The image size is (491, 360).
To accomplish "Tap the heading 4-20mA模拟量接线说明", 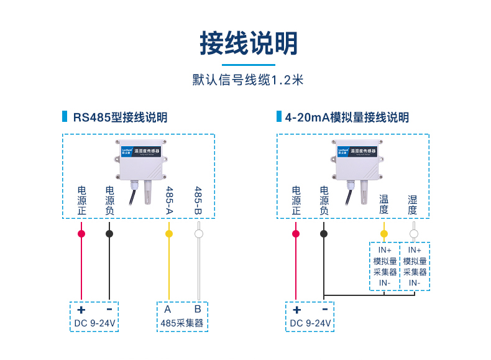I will [346, 118].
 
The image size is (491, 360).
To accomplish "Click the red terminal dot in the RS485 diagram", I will [81, 234].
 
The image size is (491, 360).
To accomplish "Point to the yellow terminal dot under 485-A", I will [168, 234].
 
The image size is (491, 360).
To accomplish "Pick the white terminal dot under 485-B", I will [198, 234].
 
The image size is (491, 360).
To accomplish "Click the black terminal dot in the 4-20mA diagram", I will [323, 234].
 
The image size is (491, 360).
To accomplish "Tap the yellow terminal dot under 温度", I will [384, 234].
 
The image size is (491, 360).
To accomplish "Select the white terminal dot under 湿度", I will [413, 234].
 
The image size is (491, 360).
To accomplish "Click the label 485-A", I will [168, 200].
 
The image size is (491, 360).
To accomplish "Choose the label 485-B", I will [198, 200].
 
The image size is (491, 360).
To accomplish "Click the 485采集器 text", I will [182, 323].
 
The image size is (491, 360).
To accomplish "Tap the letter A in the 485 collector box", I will [168, 309].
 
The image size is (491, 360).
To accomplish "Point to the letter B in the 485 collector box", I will [198, 309].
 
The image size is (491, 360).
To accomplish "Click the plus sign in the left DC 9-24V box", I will [81, 310].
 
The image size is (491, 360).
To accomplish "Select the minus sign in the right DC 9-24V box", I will [324, 310].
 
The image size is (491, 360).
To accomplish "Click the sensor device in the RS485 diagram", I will [141, 161].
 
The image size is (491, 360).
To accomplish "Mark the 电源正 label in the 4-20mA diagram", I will [296, 200].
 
